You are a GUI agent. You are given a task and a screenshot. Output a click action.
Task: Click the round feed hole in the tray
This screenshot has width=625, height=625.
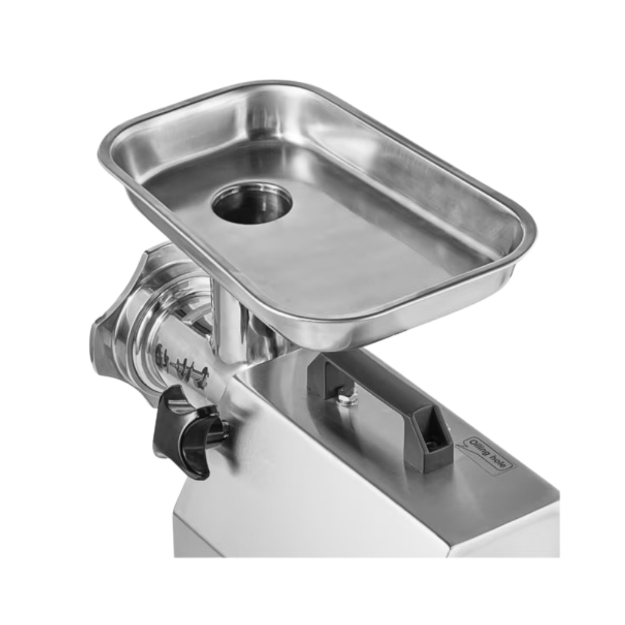coord(252,204)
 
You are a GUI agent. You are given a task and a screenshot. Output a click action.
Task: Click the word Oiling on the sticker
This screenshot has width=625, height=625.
coord(479,449)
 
